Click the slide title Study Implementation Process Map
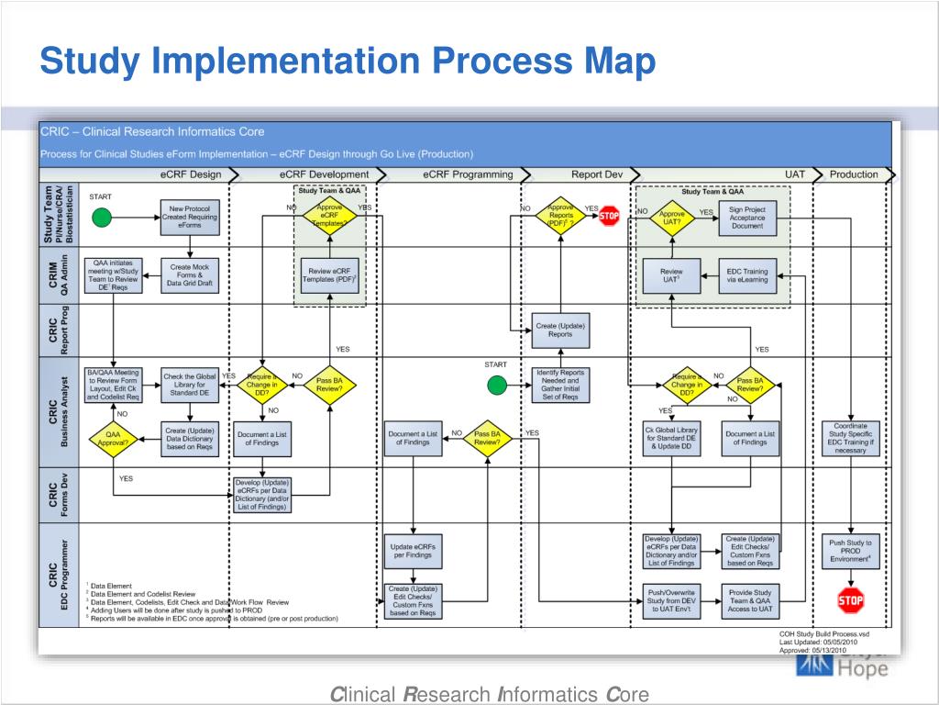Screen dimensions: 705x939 point(348,62)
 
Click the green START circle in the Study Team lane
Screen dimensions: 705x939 point(102,218)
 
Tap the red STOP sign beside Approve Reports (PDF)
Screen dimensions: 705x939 point(610,218)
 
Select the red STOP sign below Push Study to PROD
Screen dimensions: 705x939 point(850,601)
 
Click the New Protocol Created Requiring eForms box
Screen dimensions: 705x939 point(190,218)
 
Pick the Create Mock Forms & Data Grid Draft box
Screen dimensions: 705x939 point(190,275)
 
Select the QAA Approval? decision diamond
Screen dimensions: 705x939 point(113,438)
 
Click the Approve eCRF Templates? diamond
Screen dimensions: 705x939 point(330,217)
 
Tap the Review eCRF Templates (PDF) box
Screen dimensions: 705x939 point(330,275)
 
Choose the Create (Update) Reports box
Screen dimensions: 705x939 point(560,330)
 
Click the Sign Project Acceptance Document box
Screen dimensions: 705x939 point(747,218)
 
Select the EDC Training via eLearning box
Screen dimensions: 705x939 point(747,275)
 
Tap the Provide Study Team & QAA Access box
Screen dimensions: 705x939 point(749,601)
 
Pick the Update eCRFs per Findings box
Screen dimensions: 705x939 point(413,551)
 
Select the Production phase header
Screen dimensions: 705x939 point(854,174)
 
